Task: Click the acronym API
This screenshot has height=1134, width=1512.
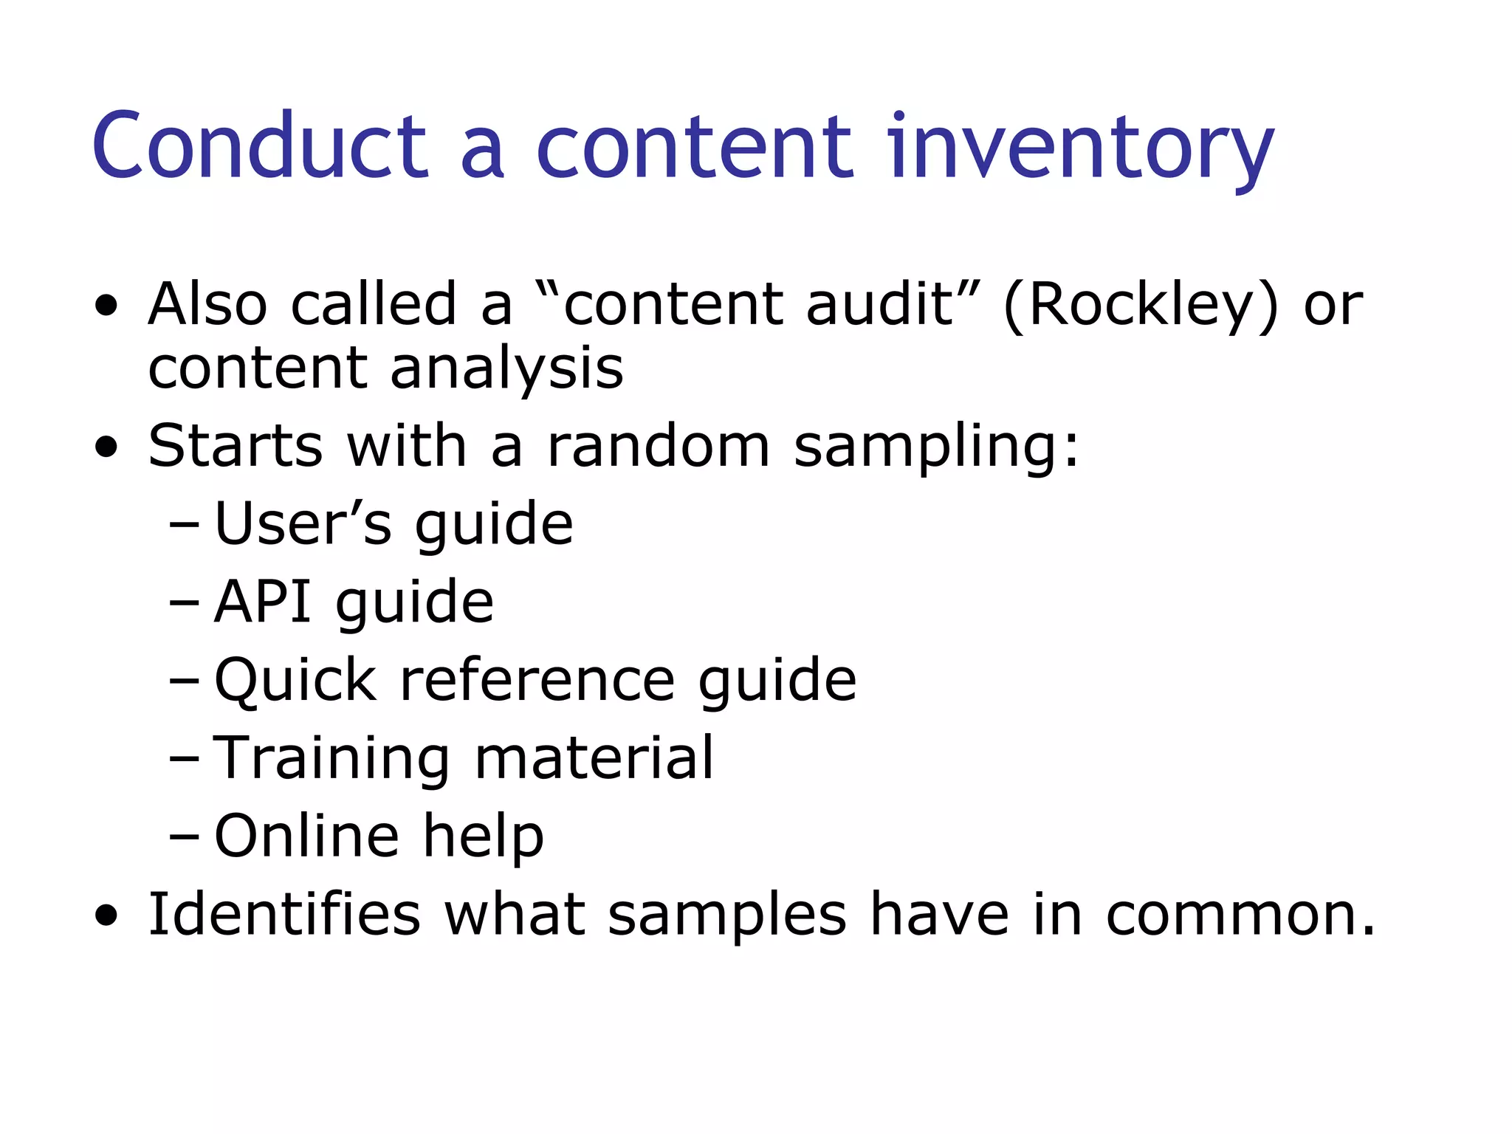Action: tap(263, 601)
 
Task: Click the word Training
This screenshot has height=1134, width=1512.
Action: tap(331, 759)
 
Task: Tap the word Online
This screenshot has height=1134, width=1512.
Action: tap(306, 836)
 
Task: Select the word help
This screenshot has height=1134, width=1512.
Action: tap(483, 837)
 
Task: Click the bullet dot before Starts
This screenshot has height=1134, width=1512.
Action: tap(106, 447)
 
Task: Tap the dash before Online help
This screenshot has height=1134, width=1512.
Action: tap(184, 837)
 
